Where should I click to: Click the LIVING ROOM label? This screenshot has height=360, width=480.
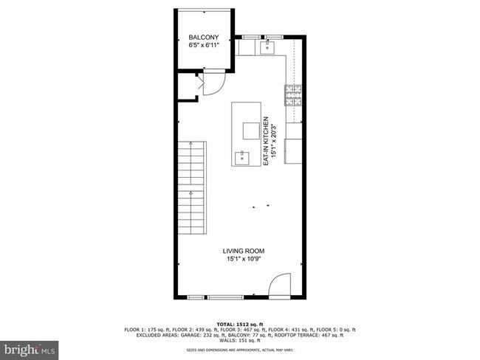[x=245, y=251]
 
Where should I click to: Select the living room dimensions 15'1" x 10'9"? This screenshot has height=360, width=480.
[x=245, y=259]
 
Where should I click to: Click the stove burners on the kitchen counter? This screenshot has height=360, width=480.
[x=292, y=95]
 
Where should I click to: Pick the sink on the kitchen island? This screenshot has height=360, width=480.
[x=241, y=156]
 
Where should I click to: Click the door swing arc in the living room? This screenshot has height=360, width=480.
[x=280, y=284]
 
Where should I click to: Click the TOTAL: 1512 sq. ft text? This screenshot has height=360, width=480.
[x=239, y=325]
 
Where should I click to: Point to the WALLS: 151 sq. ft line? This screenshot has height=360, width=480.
[x=239, y=340]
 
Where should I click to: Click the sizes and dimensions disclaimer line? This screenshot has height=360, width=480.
[x=239, y=350]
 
